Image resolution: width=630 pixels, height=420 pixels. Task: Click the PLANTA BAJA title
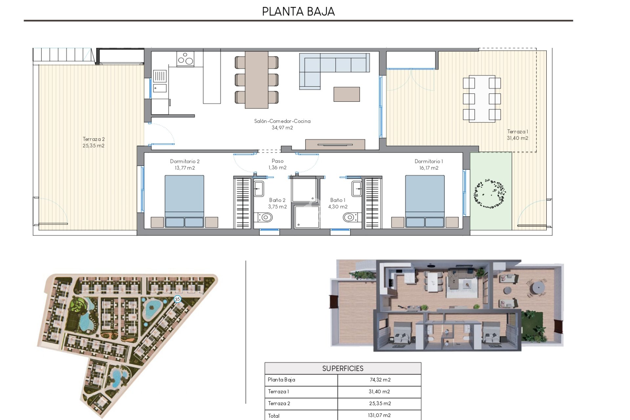pos(298,11)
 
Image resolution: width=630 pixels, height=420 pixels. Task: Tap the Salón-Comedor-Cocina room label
pos(282,121)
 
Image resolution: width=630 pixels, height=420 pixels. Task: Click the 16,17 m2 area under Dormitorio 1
pos(429,168)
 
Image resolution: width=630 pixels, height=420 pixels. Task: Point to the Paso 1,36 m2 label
pos(277,164)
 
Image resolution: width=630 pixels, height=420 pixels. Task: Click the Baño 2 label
pos(277,200)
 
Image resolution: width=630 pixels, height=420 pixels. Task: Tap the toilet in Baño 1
pos(349,217)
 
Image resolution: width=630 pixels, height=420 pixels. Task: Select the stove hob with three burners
pos(185,59)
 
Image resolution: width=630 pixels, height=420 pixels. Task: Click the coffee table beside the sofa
pos(346,94)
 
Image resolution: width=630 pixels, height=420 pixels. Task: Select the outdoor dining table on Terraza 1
pos(482,98)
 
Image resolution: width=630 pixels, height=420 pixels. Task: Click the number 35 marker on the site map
pos(178,299)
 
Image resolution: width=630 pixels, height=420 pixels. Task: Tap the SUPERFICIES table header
pos(343,368)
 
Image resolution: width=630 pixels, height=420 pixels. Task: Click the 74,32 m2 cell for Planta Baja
pos(380,380)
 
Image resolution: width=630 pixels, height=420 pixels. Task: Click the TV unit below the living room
pos(335,144)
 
